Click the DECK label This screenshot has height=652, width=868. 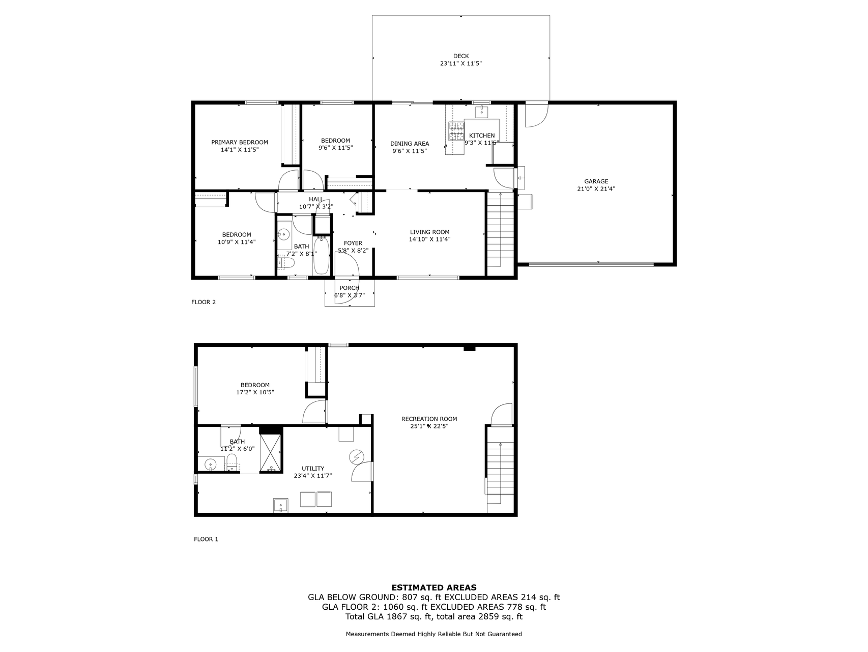point(460,56)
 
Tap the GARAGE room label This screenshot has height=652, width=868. point(596,181)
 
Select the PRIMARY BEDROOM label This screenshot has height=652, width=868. point(239,142)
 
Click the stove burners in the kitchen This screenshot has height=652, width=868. point(456,130)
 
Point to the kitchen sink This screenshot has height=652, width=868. point(481,111)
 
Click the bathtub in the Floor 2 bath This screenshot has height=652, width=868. point(322,257)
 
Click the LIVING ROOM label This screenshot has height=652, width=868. point(429,232)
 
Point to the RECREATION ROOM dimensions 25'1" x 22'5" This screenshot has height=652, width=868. point(429,426)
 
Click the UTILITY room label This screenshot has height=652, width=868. point(312,469)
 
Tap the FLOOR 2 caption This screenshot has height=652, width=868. point(204,302)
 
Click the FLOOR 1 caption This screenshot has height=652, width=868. point(206,539)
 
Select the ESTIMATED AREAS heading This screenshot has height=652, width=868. point(433,587)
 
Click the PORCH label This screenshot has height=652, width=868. point(349,288)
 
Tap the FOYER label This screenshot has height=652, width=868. point(353,243)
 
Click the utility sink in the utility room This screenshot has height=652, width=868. point(281,505)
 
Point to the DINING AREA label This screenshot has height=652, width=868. point(409,144)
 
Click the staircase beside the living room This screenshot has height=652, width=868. point(501,229)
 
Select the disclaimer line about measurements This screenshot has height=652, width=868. point(433,634)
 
